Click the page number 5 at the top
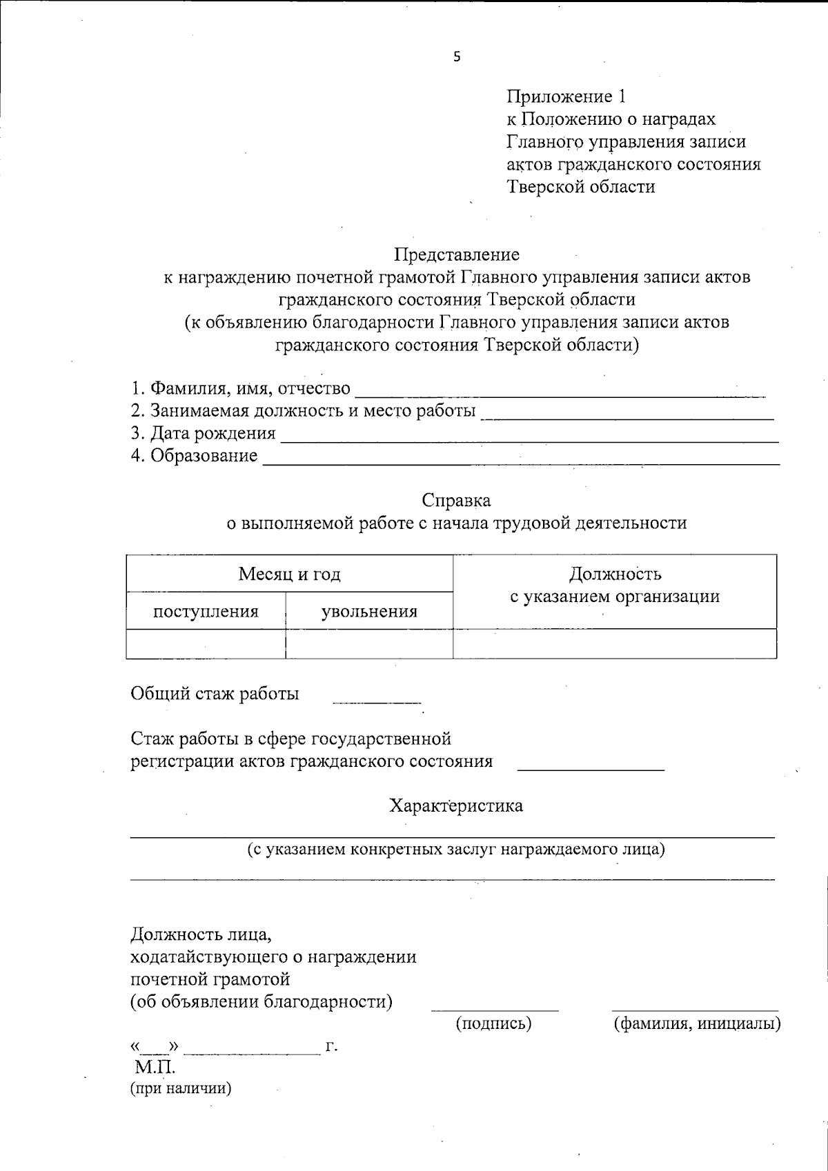click(457, 57)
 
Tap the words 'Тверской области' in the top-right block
click(581, 187)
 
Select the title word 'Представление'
click(456, 254)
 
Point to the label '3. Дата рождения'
click(204, 434)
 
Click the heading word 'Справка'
click(456, 500)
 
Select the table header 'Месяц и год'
click(289, 574)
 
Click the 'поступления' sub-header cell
click(206, 612)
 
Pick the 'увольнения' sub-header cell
click(369, 612)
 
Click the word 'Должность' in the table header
click(615, 574)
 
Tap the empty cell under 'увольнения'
click(369, 644)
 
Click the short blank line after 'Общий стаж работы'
click(376, 699)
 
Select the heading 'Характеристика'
click(456, 805)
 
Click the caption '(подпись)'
click(494, 1024)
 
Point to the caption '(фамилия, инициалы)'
click(697, 1024)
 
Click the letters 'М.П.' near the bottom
click(155, 1068)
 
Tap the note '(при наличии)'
click(181, 1089)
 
